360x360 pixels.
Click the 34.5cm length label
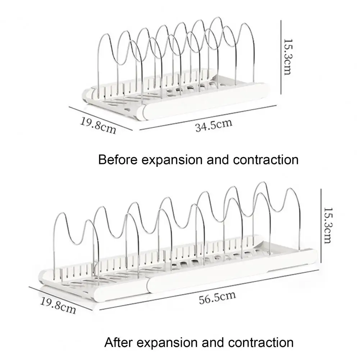(214, 125)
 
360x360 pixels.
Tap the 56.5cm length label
(217, 297)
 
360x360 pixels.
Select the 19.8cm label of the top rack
(98, 126)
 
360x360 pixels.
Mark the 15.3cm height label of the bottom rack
(327, 225)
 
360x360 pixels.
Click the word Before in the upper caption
(118, 160)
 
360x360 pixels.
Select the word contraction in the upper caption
(266, 160)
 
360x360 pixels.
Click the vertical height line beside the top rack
(281, 57)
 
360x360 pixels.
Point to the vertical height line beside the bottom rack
(321, 226)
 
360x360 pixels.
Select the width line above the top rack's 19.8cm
(101, 118)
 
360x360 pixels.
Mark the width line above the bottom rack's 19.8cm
(61, 299)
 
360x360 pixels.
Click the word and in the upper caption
(218, 160)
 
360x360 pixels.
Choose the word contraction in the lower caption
(261, 343)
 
